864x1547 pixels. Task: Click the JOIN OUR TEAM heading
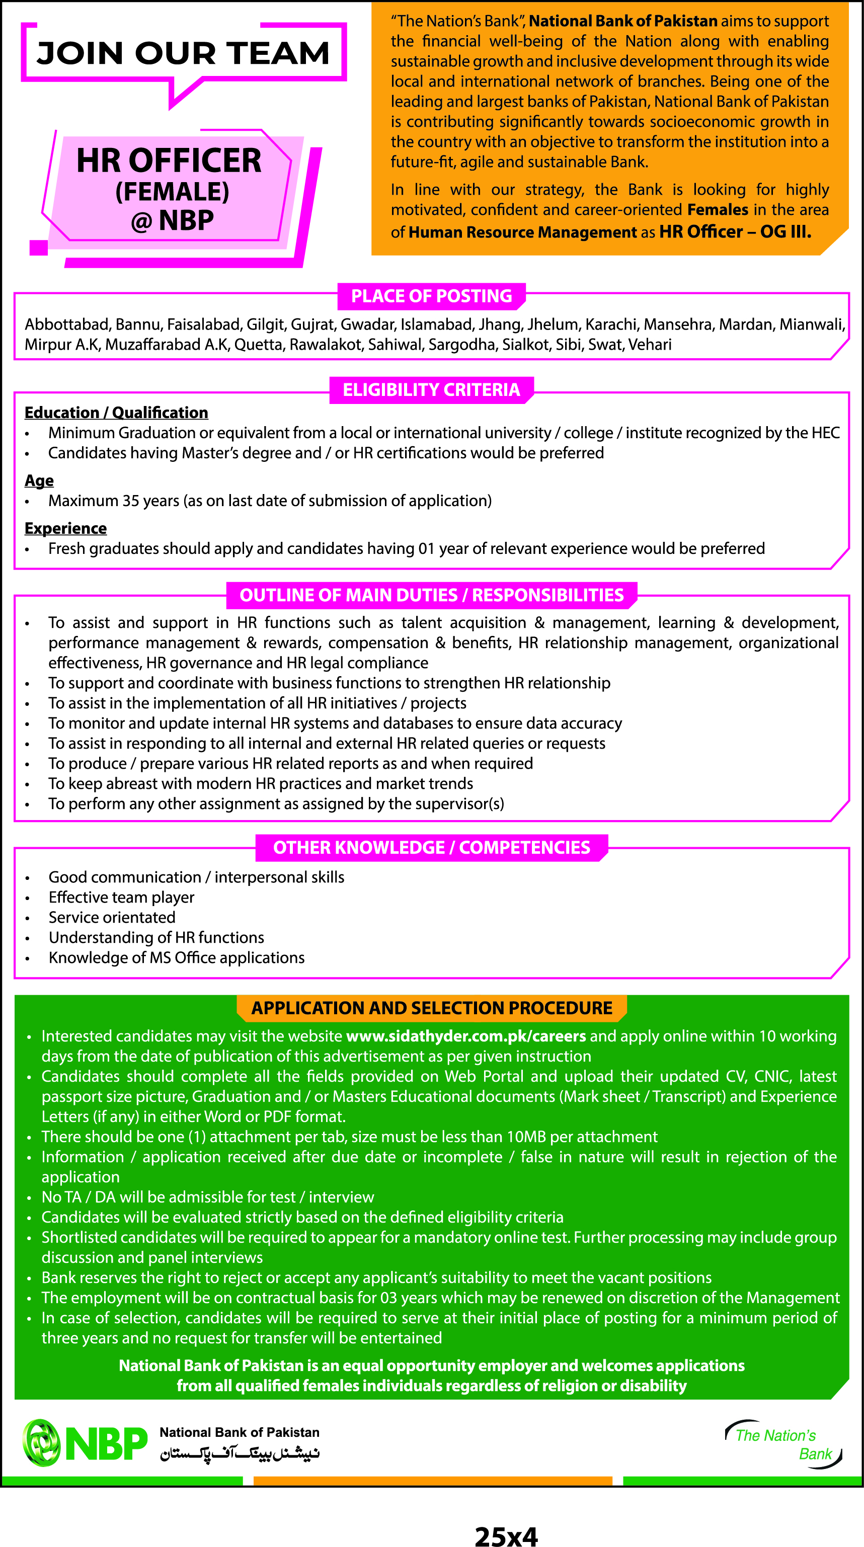pyautogui.click(x=183, y=53)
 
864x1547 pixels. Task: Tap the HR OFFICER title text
pyautogui.click(x=169, y=160)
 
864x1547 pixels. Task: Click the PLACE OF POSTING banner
pyautogui.click(x=431, y=296)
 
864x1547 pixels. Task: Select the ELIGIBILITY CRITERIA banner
pyautogui.click(x=431, y=390)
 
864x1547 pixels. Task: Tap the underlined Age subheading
pyautogui.click(x=39, y=480)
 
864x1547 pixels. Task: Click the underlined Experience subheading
pyautogui.click(x=65, y=528)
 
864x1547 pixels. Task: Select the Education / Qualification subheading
pyautogui.click(x=116, y=413)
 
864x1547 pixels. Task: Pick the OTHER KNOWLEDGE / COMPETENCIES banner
pyautogui.click(x=431, y=847)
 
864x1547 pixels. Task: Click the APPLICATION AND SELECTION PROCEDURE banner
pyautogui.click(x=431, y=1008)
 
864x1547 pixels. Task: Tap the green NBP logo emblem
pyautogui.click(x=41, y=1443)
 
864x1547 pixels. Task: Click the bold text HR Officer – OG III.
pyautogui.click(x=735, y=232)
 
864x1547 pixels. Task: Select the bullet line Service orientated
pyautogui.click(x=112, y=918)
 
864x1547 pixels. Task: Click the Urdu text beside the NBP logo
pyautogui.click(x=239, y=1454)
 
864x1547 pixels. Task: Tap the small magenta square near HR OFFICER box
pyautogui.click(x=38, y=248)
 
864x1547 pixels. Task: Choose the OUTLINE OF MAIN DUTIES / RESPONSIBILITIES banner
pyautogui.click(x=431, y=595)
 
